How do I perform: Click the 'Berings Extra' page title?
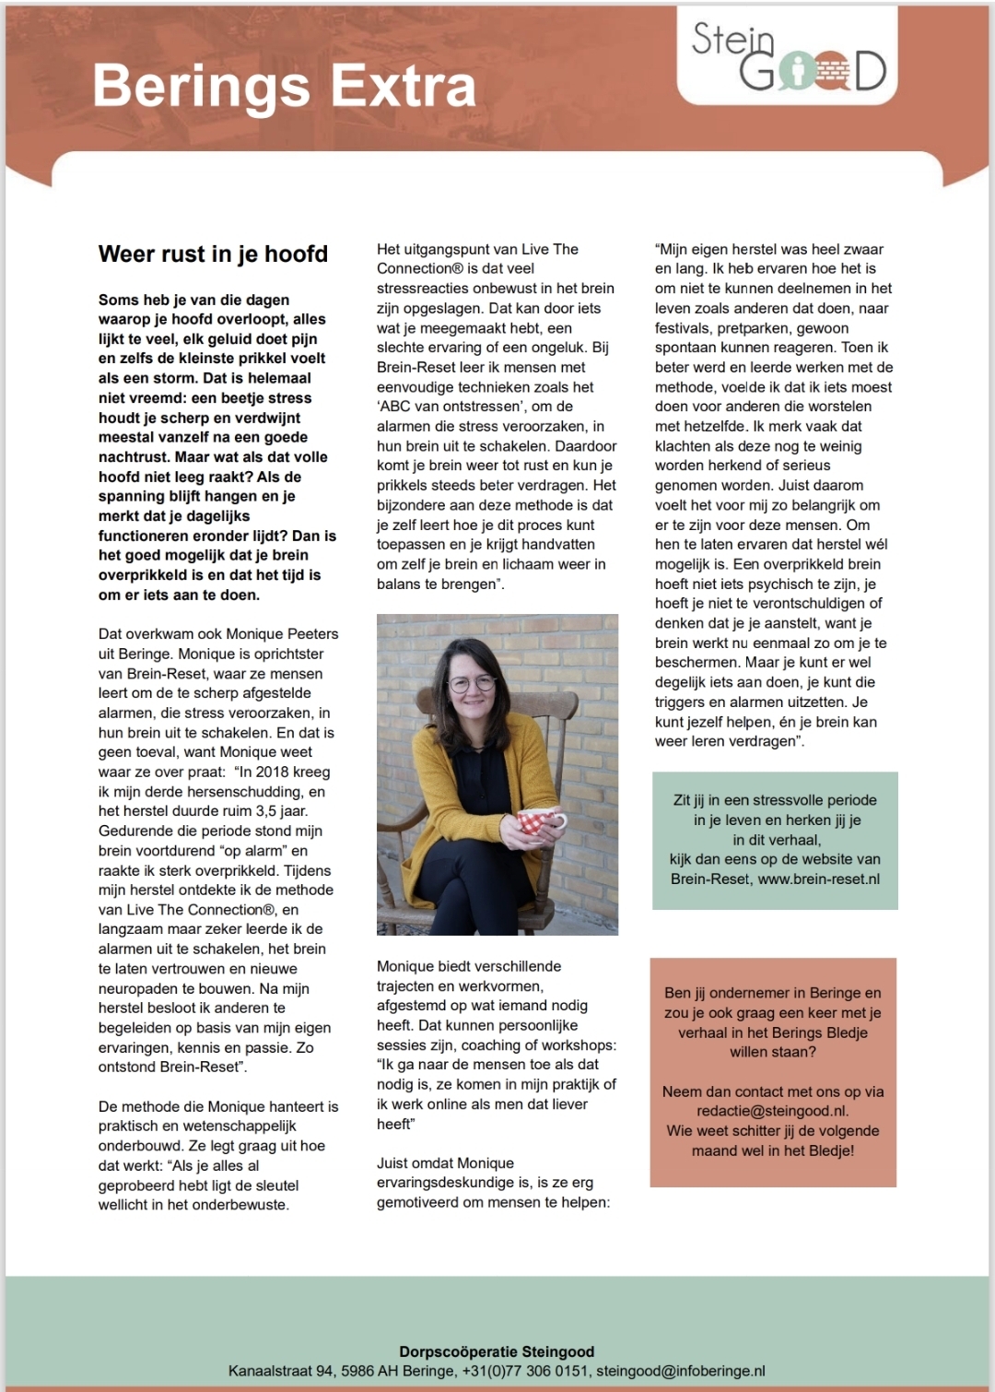click(x=284, y=88)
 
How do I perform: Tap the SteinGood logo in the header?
click(x=789, y=58)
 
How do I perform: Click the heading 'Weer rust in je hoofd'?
click(x=213, y=254)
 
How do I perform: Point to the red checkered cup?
click(x=542, y=819)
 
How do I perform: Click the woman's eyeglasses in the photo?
click(x=472, y=684)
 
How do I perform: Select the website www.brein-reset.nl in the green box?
click(x=819, y=879)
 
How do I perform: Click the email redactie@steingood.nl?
click(x=773, y=1111)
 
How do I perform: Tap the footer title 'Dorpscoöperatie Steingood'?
click(x=497, y=1351)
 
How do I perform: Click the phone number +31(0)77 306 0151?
click(x=525, y=1371)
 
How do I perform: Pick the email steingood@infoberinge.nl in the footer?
click(x=681, y=1371)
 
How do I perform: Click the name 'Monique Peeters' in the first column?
click(x=282, y=633)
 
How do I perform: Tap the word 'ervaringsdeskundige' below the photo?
click(x=451, y=1183)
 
